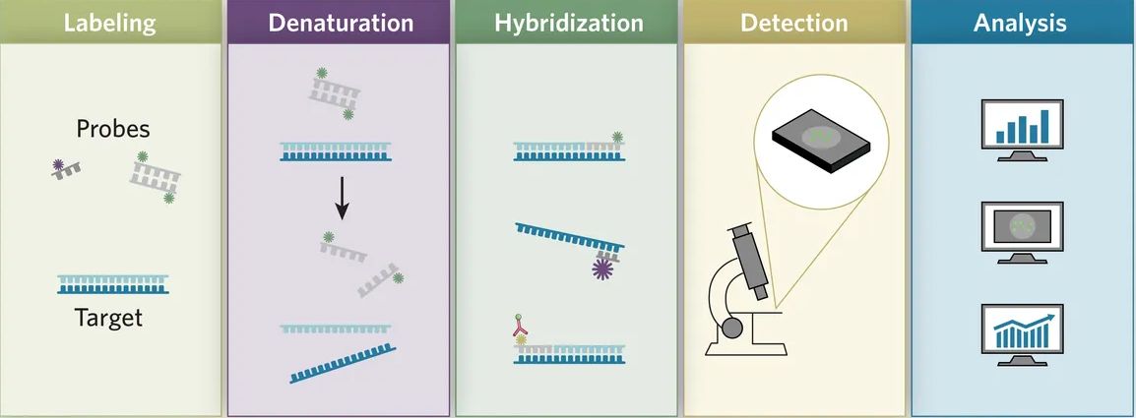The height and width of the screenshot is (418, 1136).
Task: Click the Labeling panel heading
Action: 111,23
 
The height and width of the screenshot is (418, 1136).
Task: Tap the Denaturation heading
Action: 340,23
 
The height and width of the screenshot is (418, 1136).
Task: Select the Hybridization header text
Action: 567,23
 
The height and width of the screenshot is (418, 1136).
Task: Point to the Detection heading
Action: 794,23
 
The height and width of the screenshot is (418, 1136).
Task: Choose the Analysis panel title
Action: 1020,23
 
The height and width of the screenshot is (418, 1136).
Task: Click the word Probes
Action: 112,129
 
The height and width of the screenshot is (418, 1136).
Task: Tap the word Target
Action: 108,318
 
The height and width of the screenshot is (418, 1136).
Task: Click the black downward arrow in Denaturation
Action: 342,197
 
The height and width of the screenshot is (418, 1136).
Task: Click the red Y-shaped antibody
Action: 520,326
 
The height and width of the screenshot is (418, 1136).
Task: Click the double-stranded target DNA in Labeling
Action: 113,284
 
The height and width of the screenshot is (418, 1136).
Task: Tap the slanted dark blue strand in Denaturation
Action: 343,363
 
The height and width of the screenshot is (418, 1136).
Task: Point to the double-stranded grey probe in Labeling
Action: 155,178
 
